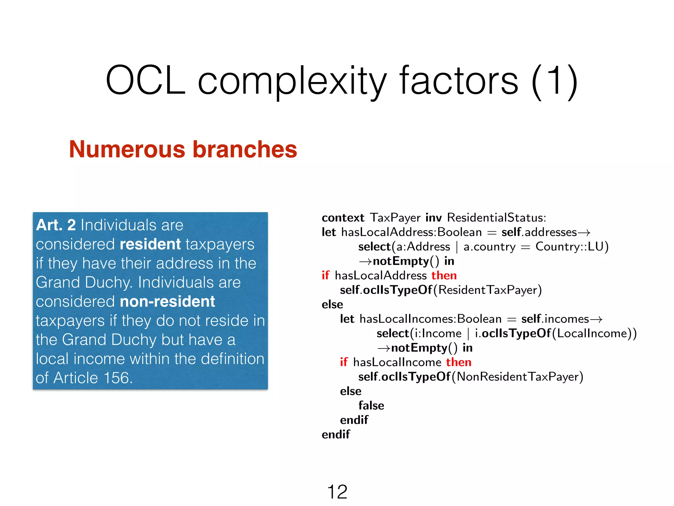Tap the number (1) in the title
pos(555,81)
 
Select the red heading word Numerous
pos(127,149)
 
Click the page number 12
pos(337,492)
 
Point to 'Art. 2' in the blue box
pos(56,225)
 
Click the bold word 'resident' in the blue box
pos(150,244)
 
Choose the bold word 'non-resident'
pos(168,301)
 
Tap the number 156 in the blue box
pos(118,378)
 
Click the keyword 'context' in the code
pos(343,218)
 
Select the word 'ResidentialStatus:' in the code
pos(496,218)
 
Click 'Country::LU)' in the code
pos(572,247)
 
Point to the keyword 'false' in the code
pos(371,406)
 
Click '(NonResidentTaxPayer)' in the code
pos(517,377)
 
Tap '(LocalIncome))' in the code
pos(594,333)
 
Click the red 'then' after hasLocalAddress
pos(444,275)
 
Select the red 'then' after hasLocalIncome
pos(459,362)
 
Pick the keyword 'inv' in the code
pos(433,218)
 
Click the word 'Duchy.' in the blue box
pos(108,283)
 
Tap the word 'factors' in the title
pos(459,81)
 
